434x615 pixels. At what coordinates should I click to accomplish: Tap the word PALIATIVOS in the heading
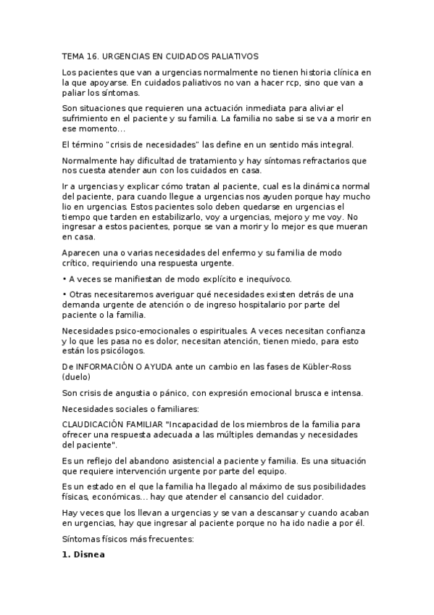(232, 56)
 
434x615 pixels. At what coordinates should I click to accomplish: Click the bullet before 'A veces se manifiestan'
(64, 279)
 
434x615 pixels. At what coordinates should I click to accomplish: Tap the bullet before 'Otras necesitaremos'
(64, 294)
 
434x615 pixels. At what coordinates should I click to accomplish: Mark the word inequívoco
(259, 279)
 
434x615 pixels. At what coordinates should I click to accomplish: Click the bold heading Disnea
(89, 556)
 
